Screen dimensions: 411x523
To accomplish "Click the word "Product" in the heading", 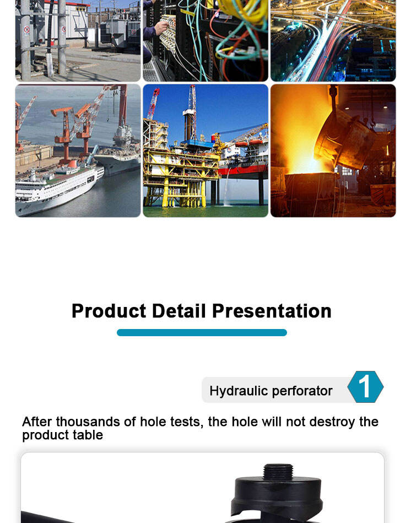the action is (109, 311).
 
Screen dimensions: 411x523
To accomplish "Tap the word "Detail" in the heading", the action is (179, 311).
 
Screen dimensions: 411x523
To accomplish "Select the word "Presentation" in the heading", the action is (272, 311).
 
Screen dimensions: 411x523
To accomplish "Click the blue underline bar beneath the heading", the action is (202, 332).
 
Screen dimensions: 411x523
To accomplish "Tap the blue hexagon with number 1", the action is (365, 387).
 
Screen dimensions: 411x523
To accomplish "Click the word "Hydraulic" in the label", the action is (239, 391).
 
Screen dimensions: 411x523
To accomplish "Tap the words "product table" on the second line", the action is (63, 435).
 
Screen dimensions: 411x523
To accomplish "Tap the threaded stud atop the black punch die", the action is (278, 471).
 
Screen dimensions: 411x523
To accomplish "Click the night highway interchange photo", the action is (333, 41).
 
